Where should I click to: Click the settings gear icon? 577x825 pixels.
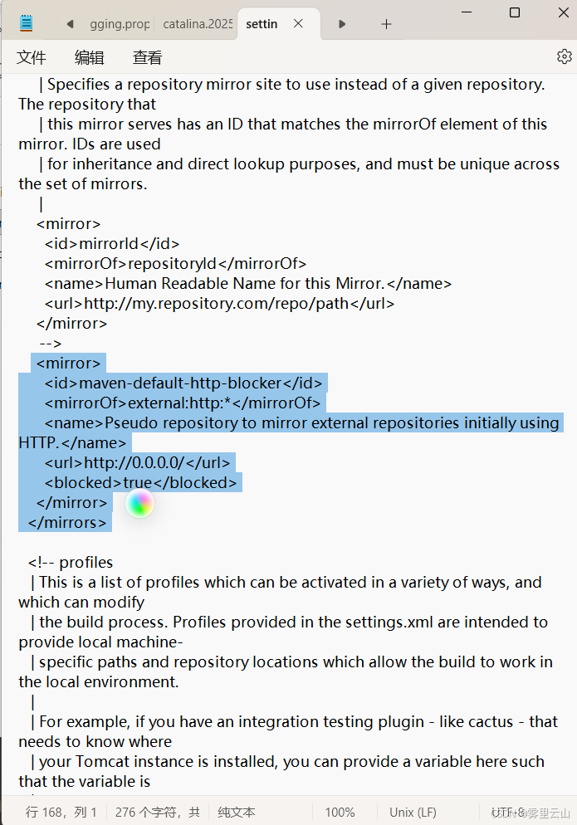565,56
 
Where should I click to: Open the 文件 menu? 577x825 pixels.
32,57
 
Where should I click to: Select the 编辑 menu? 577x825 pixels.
90,57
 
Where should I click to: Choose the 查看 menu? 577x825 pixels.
148,57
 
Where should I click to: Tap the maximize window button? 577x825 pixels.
515,12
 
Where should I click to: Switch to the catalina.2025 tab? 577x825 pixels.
197,24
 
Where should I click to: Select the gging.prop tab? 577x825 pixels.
120,24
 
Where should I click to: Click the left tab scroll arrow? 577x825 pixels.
70,24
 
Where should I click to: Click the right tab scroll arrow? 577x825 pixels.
342,24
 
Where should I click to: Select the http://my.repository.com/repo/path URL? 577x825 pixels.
216,303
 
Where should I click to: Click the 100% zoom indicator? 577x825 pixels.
340,813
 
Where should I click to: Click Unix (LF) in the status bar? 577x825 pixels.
413,813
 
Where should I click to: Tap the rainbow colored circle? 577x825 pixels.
140,503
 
